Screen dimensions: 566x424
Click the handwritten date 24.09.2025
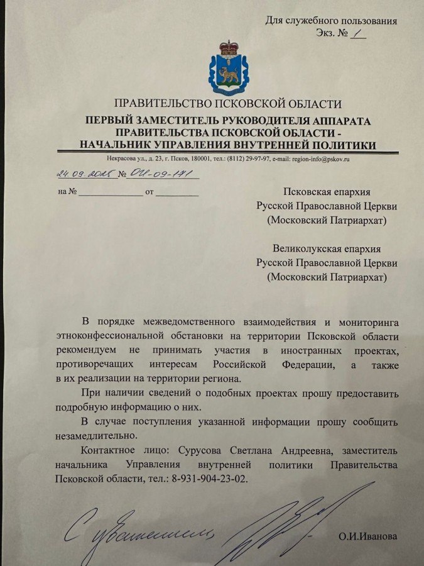(83, 174)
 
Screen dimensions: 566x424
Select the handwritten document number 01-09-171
(157, 174)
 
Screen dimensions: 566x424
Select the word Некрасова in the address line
(126, 159)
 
